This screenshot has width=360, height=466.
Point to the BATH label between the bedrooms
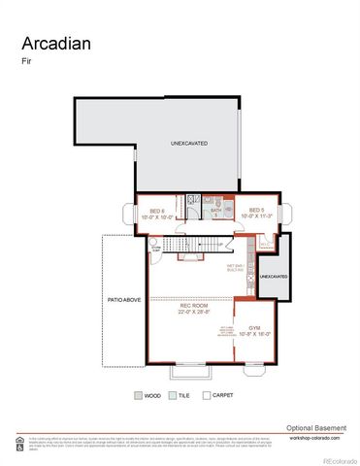point(216,211)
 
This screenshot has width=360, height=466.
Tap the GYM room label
point(255,329)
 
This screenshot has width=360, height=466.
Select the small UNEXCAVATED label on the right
point(275,277)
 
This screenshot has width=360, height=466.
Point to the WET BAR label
point(236,265)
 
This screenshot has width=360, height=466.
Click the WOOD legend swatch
point(138,395)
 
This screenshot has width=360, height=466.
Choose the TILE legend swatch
point(171,395)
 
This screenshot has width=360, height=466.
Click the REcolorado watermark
point(339,458)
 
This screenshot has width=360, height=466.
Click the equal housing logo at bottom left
point(19,443)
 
